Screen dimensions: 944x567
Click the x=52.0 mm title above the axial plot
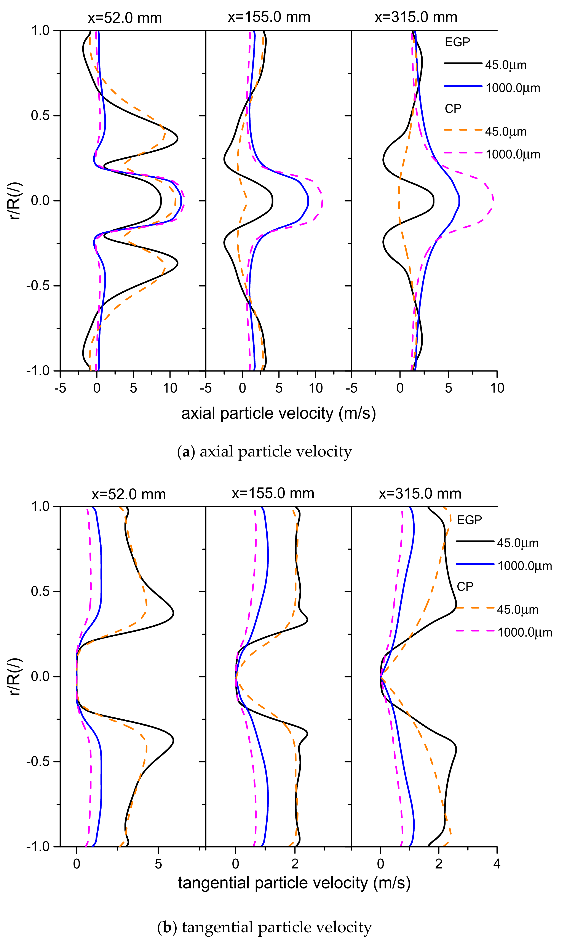click(x=125, y=18)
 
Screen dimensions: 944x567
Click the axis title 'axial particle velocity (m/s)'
click(x=279, y=413)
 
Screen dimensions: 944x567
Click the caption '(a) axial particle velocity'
click(x=264, y=452)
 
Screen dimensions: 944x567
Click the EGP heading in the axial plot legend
click(x=457, y=42)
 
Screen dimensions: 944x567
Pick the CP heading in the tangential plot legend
click(x=465, y=586)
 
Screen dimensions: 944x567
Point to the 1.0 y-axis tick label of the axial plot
click(x=40, y=30)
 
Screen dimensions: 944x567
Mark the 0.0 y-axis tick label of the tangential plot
click(x=40, y=677)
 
